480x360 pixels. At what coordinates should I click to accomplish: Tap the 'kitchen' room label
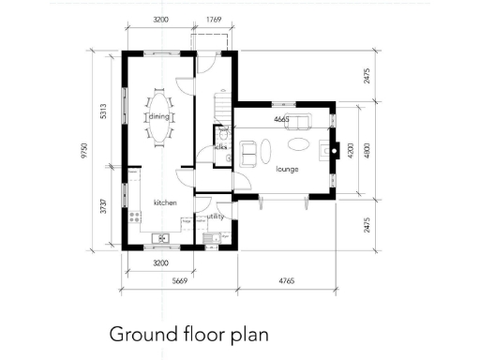[165, 202]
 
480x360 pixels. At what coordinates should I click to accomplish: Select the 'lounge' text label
[287, 171]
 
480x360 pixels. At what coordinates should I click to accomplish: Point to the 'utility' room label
[216, 217]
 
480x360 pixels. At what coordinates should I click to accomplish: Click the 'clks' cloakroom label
[221, 147]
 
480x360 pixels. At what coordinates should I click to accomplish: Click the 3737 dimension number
[106, 208]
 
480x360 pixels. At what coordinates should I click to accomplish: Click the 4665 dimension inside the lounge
[281, 120]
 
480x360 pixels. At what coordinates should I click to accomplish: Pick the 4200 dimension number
[349, 150]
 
